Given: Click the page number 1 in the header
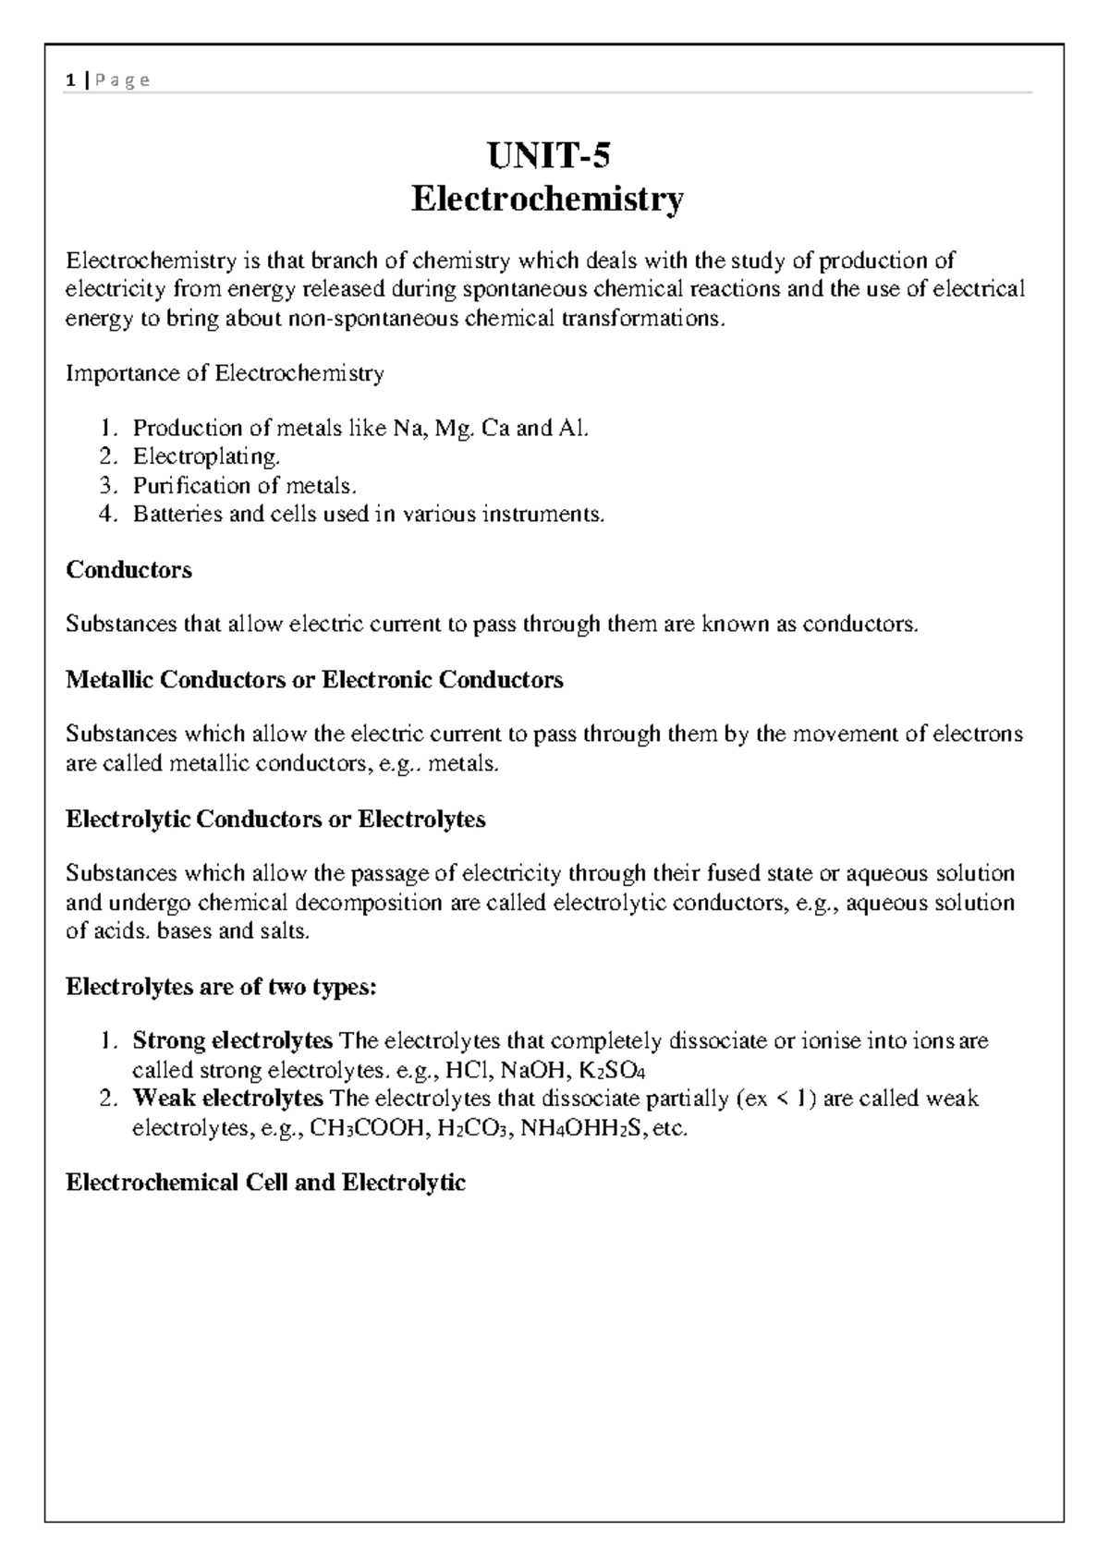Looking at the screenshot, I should [70, 81].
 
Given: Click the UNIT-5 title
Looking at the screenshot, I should [549, 157].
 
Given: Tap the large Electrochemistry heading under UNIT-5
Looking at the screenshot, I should [548, 199].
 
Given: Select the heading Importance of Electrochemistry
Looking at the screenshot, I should [225, 373].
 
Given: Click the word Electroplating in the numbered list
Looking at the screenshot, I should [205, 456].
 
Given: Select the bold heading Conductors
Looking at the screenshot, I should [129, 570].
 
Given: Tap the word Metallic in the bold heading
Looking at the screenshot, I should [110, 681].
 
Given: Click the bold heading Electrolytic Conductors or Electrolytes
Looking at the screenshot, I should [275, 820].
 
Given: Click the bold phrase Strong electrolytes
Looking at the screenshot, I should [232, 1041].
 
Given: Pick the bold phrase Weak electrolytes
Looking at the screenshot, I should [227, 1099].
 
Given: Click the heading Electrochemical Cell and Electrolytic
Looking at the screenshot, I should [266, 1183].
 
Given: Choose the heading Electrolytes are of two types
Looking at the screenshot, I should [222, 987].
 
